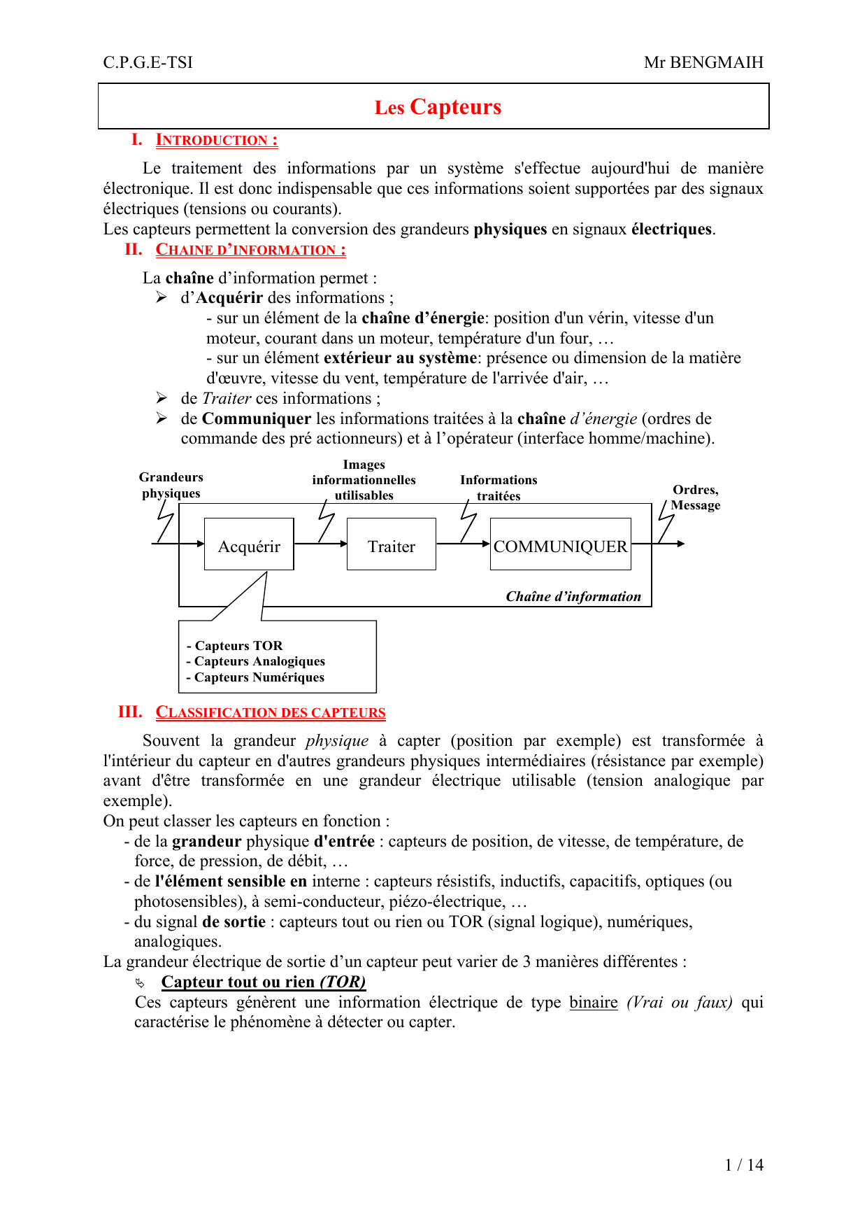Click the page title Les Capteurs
(x=438, y=107)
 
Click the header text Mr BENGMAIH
(x=703, y=62)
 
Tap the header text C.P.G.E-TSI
(x=148, y=62)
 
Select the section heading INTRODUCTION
(x=216, y=140)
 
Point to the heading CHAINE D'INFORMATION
(x=250, y=250)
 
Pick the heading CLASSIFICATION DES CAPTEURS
(x=270, y=712)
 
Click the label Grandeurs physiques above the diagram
(x=171, y=485)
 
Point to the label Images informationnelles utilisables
(x=364, y=480)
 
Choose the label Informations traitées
(x=499, y=488)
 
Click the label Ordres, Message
(x=695, y=497)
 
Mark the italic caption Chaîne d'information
(x=573, y=596)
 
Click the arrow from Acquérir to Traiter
(x=320, y=544)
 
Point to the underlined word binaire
(x=594, y=1002)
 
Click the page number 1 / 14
(x=744, y=1165)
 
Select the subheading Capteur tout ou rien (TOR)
(x=264, y=982)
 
